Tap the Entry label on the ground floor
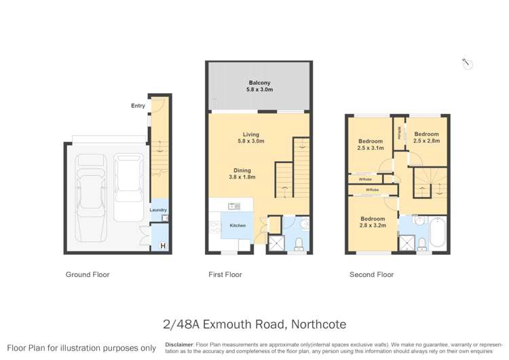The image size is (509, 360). [138, 105]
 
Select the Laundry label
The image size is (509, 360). [158, 211]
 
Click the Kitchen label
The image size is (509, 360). [237, 225]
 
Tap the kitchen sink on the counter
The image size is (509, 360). [235, 206]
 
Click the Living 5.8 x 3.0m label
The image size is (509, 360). [251, 138]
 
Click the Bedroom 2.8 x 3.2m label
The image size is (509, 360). [373, 222]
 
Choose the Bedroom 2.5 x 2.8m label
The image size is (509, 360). [426, 137]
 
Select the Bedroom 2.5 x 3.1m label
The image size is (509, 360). [371, 144]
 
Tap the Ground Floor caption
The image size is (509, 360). [87, 275]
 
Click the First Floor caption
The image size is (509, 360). [225, 275]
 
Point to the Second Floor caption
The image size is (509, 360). [371, 275]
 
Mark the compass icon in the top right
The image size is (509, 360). [467, 64]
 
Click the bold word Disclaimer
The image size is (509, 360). [178, 344]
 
